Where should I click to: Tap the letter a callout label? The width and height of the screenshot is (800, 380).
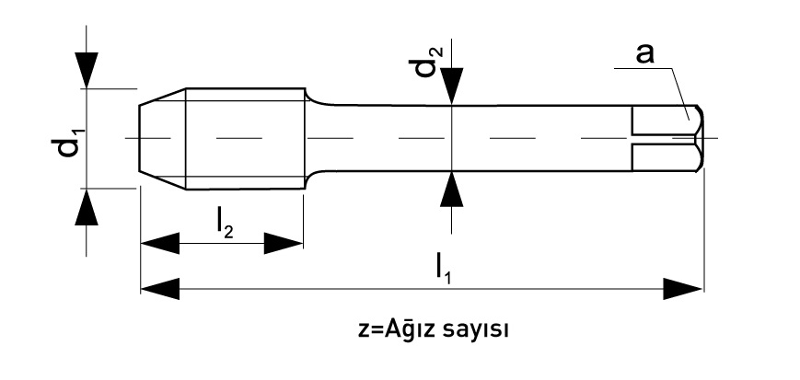point(645,54)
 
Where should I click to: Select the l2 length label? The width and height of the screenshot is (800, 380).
point(225,225)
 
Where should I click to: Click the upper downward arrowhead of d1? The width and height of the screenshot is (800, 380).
point(87,70)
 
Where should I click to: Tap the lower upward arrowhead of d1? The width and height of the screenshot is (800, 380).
point(87,207)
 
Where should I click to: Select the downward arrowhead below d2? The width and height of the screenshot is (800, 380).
point(451,86)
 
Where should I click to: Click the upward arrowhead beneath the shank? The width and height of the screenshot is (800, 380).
point(451,190)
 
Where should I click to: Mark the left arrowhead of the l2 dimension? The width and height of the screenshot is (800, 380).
point(159,243)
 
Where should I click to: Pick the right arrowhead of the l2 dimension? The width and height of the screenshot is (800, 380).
point(284,243)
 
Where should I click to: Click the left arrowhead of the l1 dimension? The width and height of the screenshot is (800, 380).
point(159,289)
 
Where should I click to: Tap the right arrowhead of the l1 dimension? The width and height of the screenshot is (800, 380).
point(683,289)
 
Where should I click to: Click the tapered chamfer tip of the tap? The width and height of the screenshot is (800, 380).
point(162,139)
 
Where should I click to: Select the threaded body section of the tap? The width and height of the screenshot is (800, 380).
point(246,139)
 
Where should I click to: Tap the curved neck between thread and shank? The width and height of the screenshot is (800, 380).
point(318,102)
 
